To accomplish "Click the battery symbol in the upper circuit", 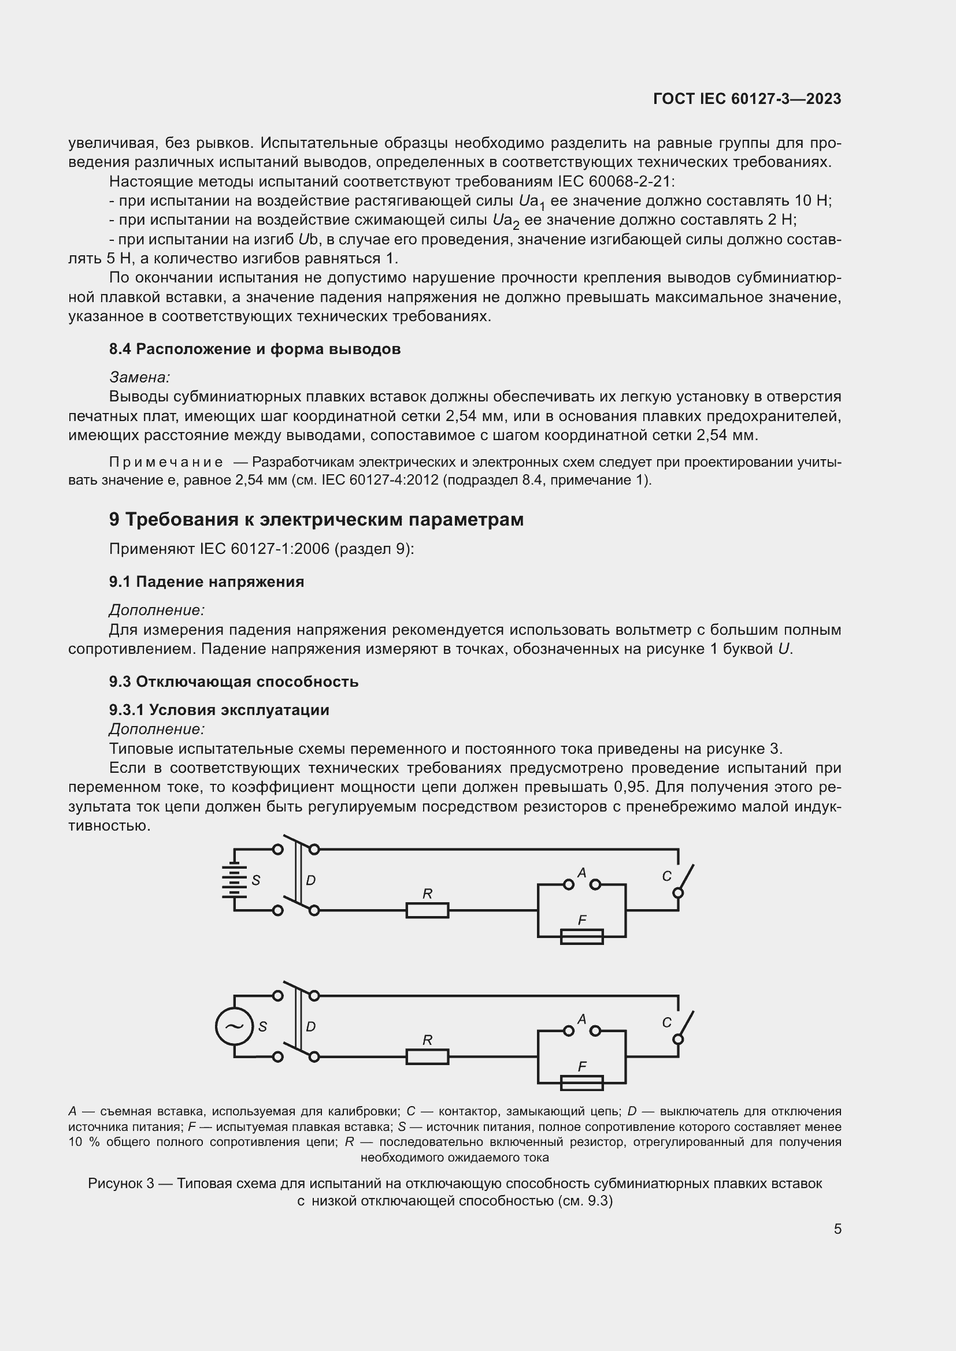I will [x=234, y=880].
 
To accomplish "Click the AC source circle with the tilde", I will [x=234, y=1026].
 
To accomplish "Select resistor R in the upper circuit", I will [x=427, y=910].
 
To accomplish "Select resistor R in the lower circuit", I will [x=427, y=1057].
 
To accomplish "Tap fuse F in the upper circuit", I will [x=581, y=936].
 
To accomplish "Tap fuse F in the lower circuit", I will [x=581, y=1082].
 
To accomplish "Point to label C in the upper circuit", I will [x=666, y=876].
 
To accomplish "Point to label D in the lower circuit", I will [x=311, y=1026].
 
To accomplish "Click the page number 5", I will [x=837, y=1229].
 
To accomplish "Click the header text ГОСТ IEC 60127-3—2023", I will [x=747, y=99].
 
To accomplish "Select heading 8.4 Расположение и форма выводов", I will [x=254, y=349].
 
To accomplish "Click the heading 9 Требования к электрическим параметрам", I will [x=316, y=520].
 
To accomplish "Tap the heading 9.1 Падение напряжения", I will [x=206, y=582].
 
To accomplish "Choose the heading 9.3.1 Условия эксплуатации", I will [x=218, y=710].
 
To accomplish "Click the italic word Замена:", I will [x=139, y=377].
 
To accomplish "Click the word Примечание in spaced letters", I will [x=166, y=462].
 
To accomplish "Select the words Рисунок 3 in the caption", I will [x=121, y=1183].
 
